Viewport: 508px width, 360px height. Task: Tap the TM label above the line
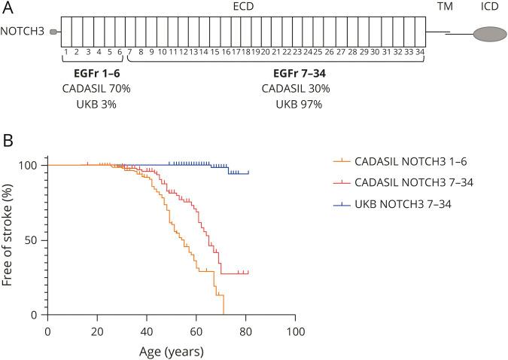click(x=446, y=5)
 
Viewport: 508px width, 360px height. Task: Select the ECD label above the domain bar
click(x=241, y=5)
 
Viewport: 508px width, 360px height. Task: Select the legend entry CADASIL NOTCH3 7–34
click(x=409, y=182)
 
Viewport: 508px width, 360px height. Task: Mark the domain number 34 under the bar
click(x=419, y=53)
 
